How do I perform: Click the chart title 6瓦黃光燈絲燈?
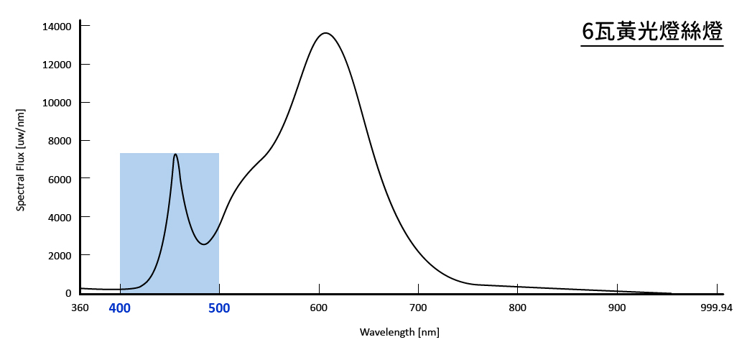(651, 32)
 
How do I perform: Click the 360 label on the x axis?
(80, 308)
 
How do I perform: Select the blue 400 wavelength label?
(120, 308)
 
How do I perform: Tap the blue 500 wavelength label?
(219, 308)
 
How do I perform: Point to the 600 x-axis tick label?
(319, 308)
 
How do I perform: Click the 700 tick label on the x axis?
(418, 308)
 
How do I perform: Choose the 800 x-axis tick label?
(517, 308)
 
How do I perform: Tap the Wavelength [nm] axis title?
(399, 332)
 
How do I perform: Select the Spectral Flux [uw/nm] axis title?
(22, 160)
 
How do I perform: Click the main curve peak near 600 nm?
(326, 33)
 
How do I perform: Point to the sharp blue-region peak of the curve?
(175, 154)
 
